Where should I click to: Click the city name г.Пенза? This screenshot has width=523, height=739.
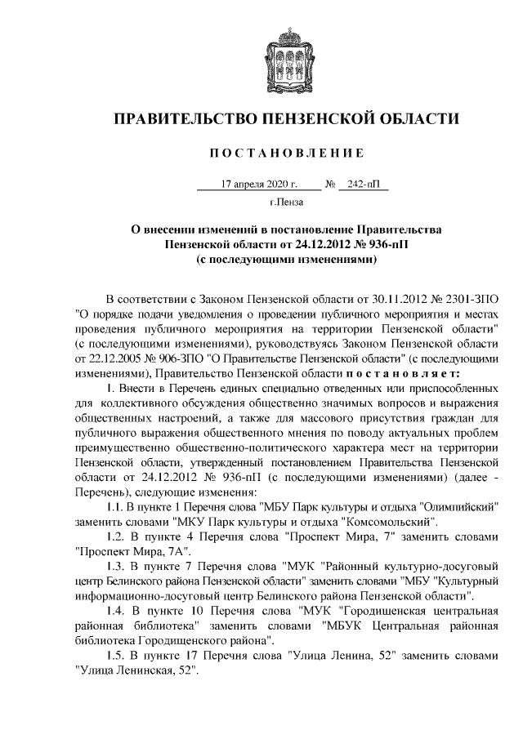coord(286,201)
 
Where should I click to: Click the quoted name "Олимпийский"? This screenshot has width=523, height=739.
coord(458,506)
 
